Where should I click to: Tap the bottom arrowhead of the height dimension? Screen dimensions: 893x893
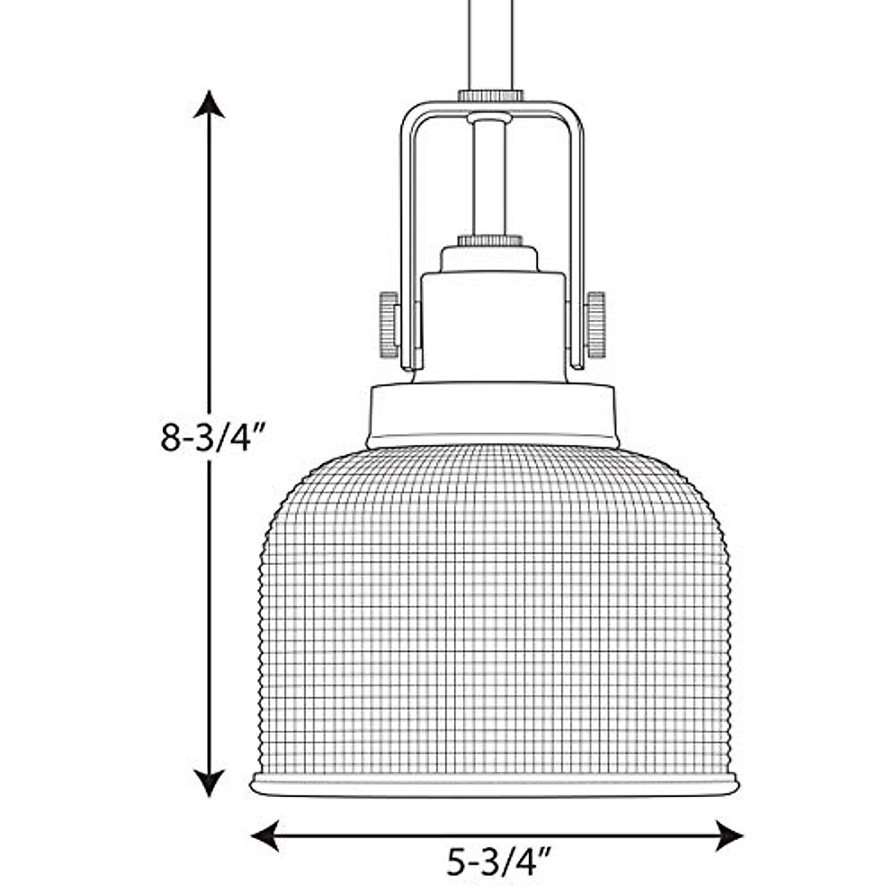[209, 781]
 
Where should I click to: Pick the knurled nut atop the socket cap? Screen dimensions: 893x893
[489, 240]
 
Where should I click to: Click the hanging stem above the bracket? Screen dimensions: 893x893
[490, 45]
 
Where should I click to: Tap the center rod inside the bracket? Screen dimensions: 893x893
[489, 179]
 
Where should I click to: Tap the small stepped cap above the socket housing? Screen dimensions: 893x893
[489, 260]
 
